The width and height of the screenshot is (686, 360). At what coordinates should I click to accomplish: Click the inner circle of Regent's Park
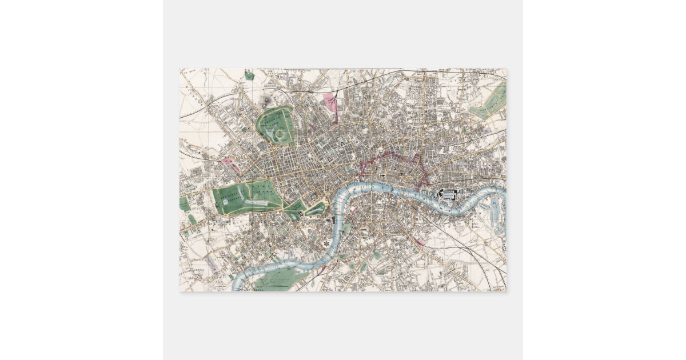(280, 135)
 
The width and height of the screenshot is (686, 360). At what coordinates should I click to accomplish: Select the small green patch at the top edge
(249, 75)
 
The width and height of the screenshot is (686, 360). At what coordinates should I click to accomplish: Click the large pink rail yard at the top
(330, 103)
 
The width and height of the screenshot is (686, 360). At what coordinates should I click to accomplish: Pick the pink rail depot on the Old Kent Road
(422, 242)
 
